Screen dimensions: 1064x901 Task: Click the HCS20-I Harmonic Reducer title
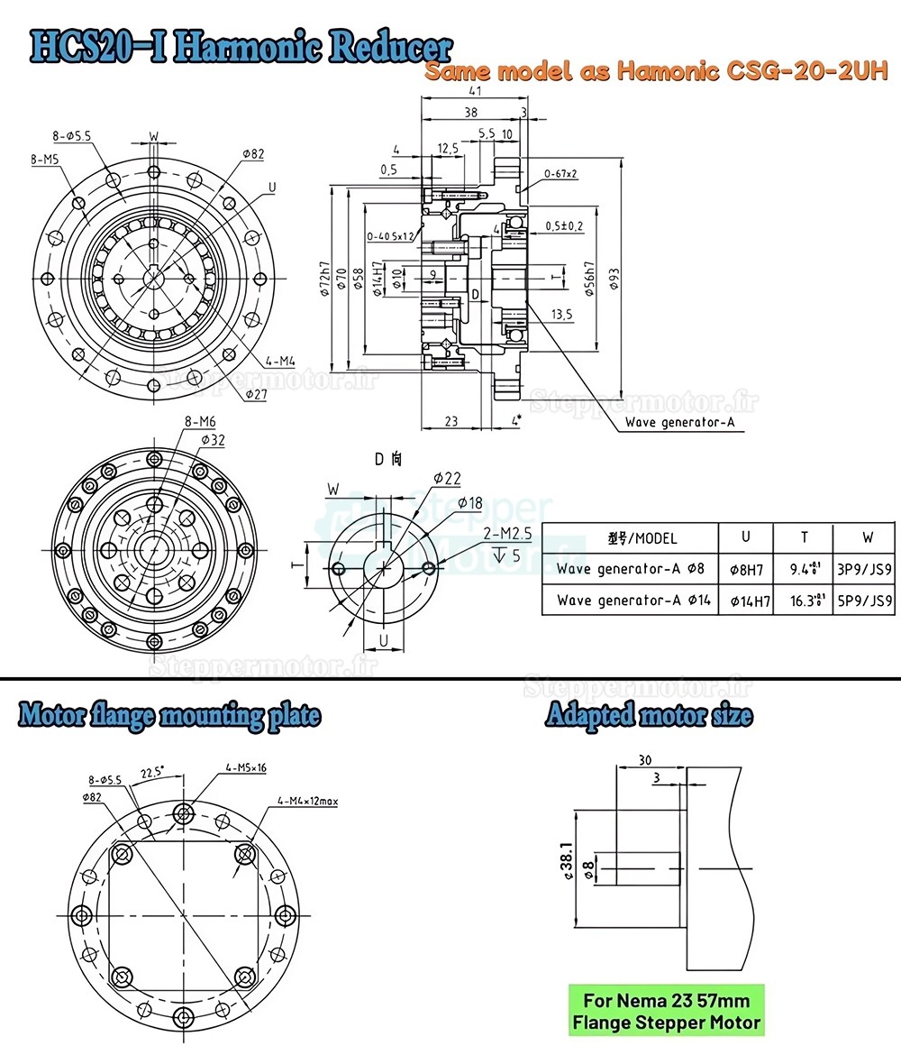[239, 47]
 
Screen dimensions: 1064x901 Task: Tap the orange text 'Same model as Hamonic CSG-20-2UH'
[657, 72]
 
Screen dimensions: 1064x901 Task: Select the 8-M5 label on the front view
[45, 159]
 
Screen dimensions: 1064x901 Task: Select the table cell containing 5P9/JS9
[867, 600]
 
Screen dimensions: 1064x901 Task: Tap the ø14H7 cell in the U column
[745, 600]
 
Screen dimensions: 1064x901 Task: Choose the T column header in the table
[804, 537]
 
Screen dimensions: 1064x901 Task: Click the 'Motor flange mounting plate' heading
[169, 717]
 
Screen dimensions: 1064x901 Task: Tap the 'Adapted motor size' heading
[649, 717]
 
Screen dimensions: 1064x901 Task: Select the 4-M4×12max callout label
[307, 800]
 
